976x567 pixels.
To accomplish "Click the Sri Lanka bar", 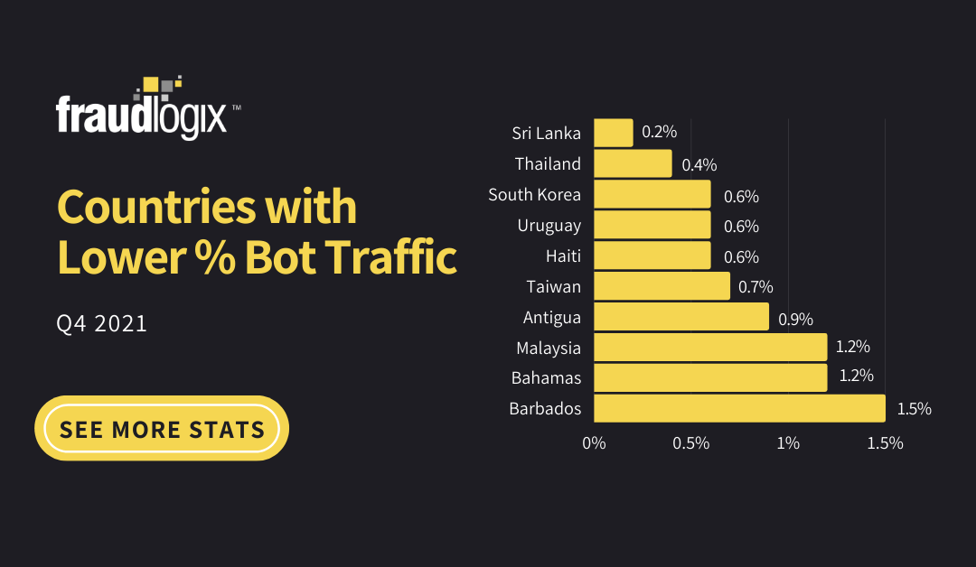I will pyautogui.click(x=613, y=133).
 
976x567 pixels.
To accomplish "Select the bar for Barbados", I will pyautogui.click(x=739, y=408).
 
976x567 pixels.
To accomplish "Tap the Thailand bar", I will pyautogui.click(x=633, y=163).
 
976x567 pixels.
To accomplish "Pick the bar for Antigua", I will pyautogui.click(x=680, y=317).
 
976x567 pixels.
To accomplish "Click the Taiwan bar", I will pyautogui.click(x=662, y=286).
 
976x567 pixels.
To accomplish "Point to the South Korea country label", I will pyautogui.click(x=534, y=194).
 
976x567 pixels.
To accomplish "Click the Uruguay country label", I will pyautogui.click(x=549, y=225).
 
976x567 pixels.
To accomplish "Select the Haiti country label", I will pyautogui.click(x=563, y=256).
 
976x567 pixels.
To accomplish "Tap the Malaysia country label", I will pyautogui.click(x=548, y=348).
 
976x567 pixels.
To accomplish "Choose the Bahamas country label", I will pyautogui.click(x=546, y=377).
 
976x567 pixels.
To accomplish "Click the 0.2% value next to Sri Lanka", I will pyautogui.click(x=659, y=132).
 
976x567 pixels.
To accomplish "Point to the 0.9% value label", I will pyautogui.click(x=796, y=318).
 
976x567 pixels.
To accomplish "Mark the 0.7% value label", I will pyautogui.click(x=755, y=287).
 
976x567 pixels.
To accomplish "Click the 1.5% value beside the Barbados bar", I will pyautogui.click(x=914, y=408).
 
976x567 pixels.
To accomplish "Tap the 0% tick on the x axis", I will pyautogui.click(x=594, y=443).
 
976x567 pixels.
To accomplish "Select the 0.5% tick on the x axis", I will pyautogui.click(x=690, y=443).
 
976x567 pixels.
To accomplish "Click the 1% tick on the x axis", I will pyautogui.click(x=788, y=443).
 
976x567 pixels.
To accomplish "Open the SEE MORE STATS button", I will pyautogui.click(x=162, y=428).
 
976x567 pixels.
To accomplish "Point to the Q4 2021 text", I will pyautogui.click(x=101, y=323).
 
